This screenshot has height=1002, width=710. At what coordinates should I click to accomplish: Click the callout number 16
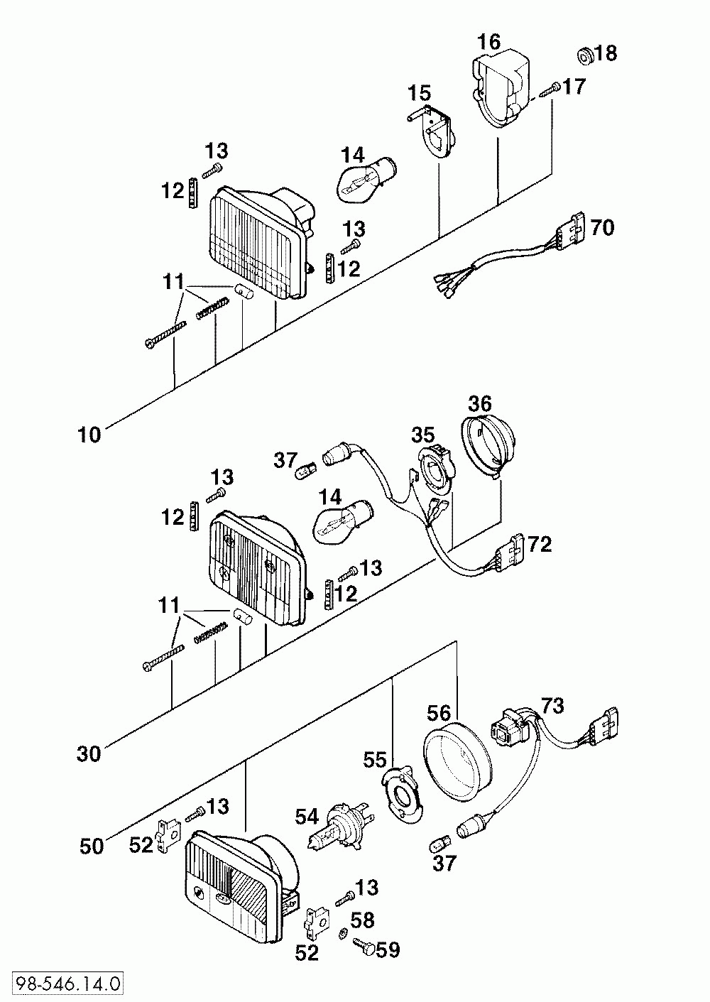(488, 42)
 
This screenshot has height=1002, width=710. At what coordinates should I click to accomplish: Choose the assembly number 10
(89, 435)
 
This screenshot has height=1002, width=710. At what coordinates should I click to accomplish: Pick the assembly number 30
(89, 754)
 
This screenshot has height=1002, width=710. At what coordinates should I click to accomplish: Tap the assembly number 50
(91, 846)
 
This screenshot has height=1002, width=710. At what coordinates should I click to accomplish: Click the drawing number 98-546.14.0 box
(67, 984)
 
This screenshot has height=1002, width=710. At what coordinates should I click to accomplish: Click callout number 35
(423, 435)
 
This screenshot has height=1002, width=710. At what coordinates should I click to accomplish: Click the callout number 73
(552, 705)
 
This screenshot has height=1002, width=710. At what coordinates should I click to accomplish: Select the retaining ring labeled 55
(403, 795)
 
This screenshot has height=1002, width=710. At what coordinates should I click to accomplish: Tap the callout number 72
(540, 545)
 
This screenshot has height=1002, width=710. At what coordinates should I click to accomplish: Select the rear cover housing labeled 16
(502, 88)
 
